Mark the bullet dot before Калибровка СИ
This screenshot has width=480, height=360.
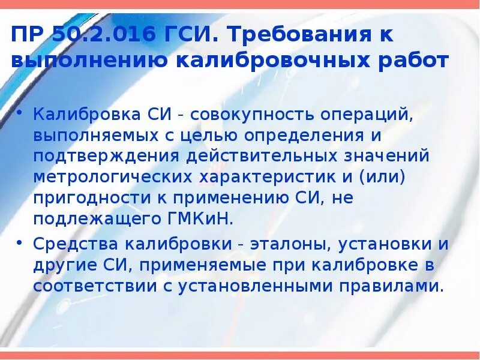(x=21, y=113)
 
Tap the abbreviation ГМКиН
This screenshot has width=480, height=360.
(x=198, y=219)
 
